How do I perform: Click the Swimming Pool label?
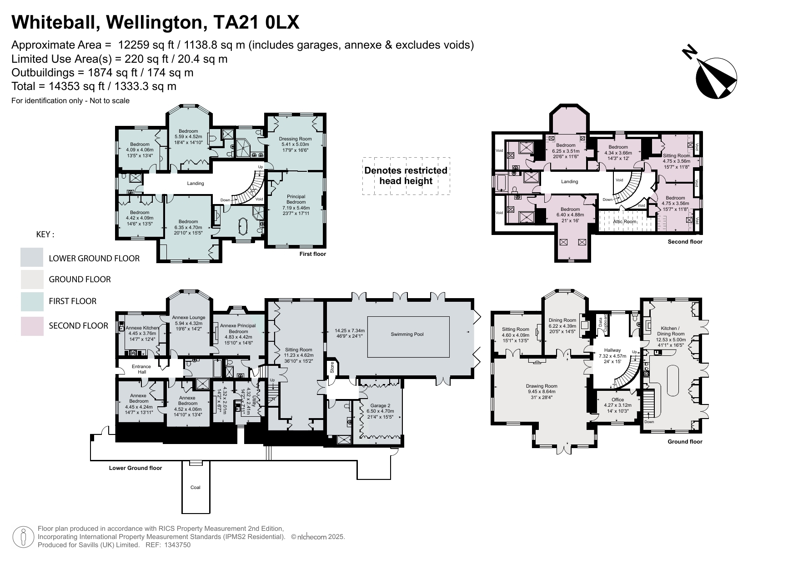(x=407, y=334)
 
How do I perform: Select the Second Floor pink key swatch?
(x=32, y=326)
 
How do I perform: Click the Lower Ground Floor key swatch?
(x=32, y=258)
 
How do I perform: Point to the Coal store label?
(x=195, y=487)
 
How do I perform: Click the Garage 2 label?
(x=380, y=405)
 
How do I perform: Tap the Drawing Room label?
(x=542, y=386)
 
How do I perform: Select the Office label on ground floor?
(x=617, y=399)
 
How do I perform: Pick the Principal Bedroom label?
(x=296, y=199)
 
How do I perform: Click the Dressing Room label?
(x=295, y=139)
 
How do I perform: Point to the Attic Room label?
(x=624, y=222)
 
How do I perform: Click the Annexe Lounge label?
(x=188, y=318)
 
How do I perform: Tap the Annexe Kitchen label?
(x=142, y=328)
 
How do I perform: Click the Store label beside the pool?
(x=331, y=368)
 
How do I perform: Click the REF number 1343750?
(x=175, y=545)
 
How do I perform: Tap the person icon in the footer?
(x=23, y=537)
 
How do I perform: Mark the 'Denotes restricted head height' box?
(x=406, y=176)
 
